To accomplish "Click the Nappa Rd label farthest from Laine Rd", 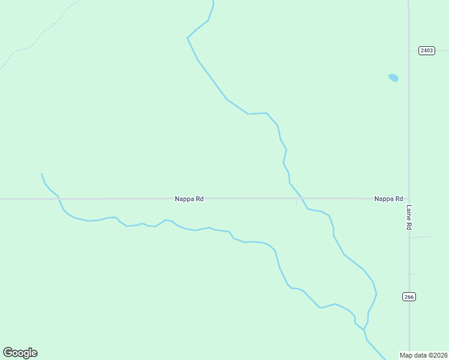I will [x=189, y=199].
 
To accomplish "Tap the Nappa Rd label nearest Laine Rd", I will [x=388, y=199].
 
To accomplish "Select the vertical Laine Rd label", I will [x=409, y=218].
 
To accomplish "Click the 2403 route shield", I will [x=426, y=50].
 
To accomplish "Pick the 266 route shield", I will [x=409, y=296].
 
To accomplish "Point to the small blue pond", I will [x=393, y=77].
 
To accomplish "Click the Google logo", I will [x=20, y=353].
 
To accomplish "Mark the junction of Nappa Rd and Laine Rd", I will [x=409, y=198].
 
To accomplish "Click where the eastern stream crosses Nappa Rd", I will [x=300, y=198].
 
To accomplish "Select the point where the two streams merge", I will [x=364, y=329].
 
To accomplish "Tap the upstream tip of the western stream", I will [x=41, y=173].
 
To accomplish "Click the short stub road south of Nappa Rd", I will [x=297, y=202].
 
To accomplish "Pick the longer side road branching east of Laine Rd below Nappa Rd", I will [x=420, y=237].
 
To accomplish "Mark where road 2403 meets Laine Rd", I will [x=409, y=50].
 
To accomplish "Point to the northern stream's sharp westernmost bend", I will [x=187, y=38].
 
